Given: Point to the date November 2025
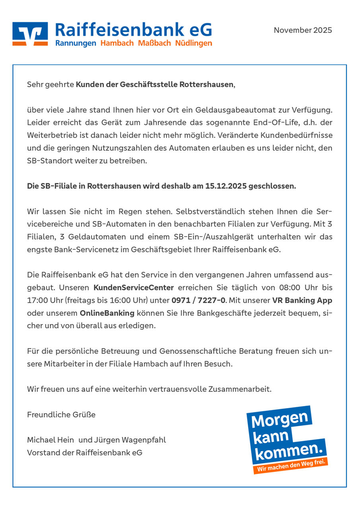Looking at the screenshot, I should pos(303,30).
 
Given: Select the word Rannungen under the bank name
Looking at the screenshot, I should pos(76,43).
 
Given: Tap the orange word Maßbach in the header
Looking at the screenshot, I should pos(154,43).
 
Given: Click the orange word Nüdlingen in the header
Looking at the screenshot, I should pos(194,43).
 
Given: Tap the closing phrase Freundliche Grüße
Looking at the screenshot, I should pos(61,415).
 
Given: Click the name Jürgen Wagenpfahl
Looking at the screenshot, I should pos(130,440).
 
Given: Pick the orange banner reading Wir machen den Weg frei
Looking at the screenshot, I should pos(292,466).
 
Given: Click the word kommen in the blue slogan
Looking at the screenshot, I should pos(287,452).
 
